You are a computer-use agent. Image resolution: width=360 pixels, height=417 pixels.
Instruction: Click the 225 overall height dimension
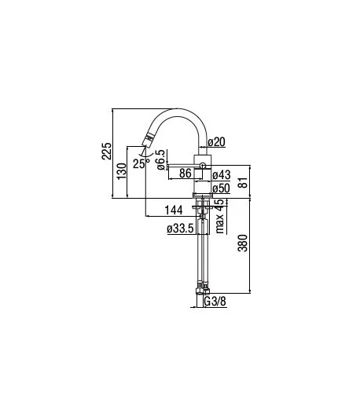(107, 151)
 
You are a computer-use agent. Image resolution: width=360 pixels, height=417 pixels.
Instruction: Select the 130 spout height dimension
(122, 171)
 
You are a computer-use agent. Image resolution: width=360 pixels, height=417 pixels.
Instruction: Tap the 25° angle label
(141, 163)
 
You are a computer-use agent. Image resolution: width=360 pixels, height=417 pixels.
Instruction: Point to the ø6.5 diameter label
(161, 159)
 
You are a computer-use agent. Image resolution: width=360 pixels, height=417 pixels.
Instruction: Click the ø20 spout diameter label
(217, 141)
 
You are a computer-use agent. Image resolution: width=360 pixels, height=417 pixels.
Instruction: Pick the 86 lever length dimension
(186, 173)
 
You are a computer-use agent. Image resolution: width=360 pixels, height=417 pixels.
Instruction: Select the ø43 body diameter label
(222, 174)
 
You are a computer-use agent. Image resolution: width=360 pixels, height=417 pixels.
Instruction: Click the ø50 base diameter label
(222, 188)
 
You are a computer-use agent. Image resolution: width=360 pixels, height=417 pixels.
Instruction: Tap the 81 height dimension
(243, 181)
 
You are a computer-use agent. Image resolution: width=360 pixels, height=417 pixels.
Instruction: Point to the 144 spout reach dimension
(174, 210)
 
